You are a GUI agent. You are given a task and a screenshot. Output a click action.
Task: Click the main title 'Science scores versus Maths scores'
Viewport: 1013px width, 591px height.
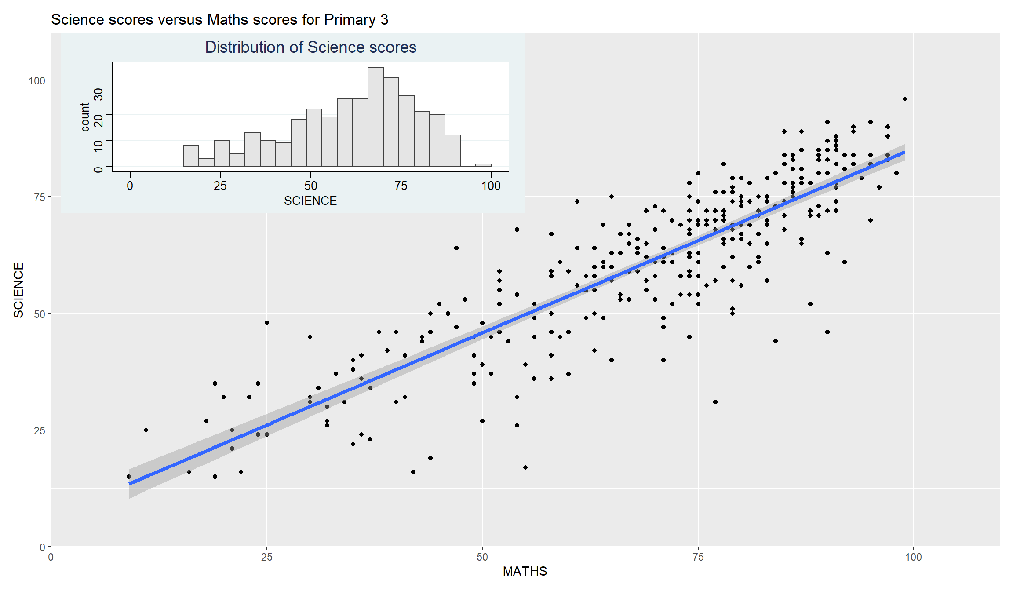pos(219,20)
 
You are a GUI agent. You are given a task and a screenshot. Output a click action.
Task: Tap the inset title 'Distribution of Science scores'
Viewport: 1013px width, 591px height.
pos(310,47)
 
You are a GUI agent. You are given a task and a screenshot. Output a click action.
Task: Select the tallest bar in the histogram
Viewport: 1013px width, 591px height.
pos(375,117)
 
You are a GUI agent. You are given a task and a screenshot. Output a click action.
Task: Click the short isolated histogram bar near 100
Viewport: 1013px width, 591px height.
pos(483,165)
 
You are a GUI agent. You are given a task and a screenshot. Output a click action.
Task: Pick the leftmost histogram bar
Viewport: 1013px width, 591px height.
pos(191,156)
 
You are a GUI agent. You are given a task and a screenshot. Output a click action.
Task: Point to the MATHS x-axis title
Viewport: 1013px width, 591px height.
pos(525,571)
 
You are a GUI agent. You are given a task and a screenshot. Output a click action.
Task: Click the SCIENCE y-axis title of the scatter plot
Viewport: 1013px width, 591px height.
pos(18,290)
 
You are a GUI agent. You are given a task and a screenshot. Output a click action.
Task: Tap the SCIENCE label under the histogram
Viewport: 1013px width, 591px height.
pos(310,201)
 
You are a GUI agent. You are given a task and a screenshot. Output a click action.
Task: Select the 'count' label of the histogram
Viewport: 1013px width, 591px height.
pos(85,117)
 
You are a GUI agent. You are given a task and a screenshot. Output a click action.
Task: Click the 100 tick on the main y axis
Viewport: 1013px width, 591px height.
pos(37,80)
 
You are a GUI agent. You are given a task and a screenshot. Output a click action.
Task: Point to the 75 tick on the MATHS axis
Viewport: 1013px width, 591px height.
pos(698,557)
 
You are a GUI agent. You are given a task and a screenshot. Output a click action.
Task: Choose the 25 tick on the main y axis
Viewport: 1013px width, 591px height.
pos(40,430)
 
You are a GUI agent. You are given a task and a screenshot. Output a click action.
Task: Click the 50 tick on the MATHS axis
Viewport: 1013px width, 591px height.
pos(482,557)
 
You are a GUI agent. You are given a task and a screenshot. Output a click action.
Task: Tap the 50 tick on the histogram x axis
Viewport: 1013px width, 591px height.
pos(310,186)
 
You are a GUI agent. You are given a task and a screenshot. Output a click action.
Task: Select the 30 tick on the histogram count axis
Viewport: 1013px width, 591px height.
pos(98,94)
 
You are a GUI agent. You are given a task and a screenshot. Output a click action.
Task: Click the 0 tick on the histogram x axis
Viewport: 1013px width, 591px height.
pos(130,186)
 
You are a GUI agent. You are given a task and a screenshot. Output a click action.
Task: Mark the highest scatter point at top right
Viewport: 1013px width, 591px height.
pos(905,99)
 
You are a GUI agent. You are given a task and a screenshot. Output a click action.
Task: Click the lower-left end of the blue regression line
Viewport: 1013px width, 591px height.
pos(129,484)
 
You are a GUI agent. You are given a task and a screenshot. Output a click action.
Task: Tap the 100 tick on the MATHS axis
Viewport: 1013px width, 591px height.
pos(913,557)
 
